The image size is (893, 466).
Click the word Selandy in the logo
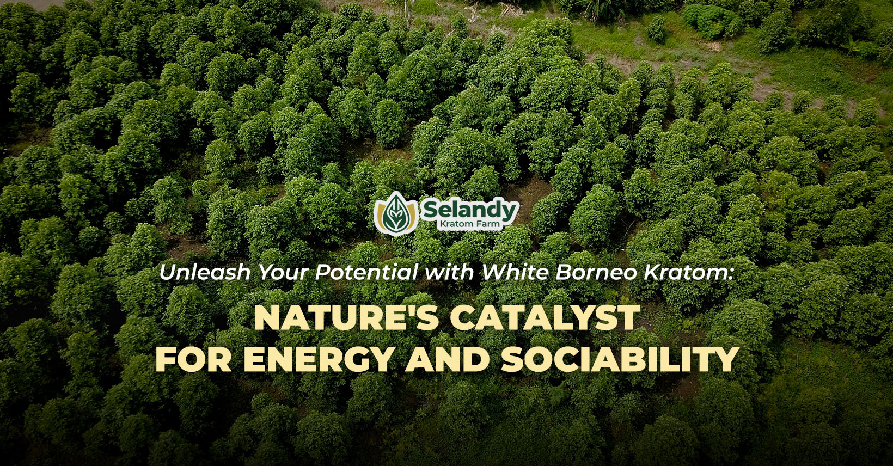469,211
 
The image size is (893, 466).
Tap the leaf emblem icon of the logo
396,213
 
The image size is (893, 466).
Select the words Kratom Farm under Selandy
469,224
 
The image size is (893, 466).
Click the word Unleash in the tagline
205,273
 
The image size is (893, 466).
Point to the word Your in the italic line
284,273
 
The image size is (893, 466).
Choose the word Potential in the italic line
366,273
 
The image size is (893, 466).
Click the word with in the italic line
449,273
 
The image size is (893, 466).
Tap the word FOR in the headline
193,359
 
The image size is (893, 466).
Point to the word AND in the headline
447,359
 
